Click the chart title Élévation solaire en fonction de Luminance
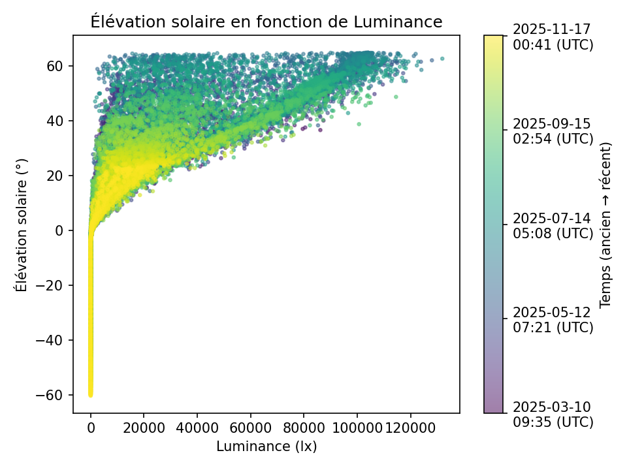266,22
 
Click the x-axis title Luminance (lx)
266,446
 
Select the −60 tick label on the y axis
54,396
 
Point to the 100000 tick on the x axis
357,413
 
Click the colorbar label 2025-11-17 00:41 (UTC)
553,37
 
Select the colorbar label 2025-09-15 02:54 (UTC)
553,131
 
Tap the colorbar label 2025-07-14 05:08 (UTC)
553,225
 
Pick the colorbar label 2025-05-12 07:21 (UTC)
553,319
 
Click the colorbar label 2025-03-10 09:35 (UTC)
553,415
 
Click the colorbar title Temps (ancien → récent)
605,224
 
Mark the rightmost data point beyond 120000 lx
442,58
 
